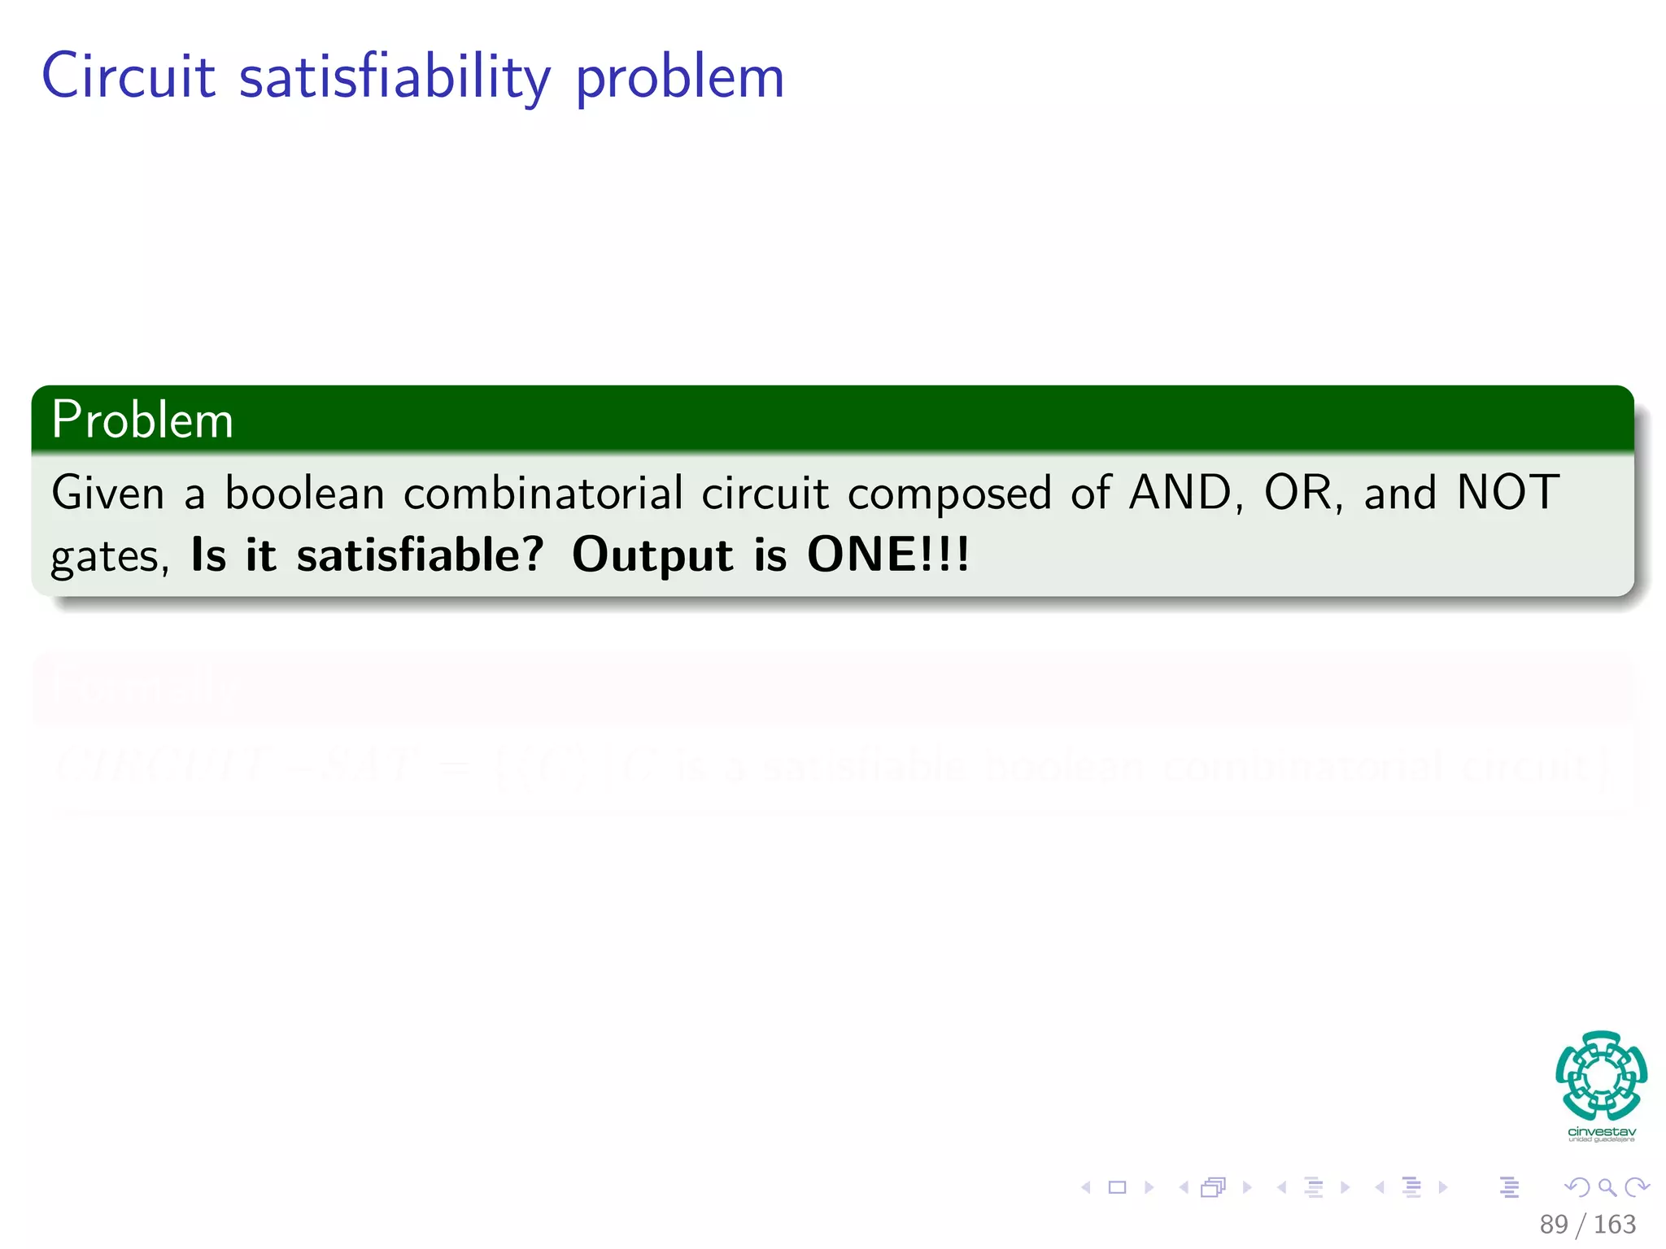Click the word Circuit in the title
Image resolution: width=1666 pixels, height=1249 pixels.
(x=129, y=76)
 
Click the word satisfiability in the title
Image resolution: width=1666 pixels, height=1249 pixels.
(x=395, y=78)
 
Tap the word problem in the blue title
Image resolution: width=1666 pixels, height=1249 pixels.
(x=679, y=78)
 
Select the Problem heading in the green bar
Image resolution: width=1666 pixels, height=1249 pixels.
(x=142, y=420)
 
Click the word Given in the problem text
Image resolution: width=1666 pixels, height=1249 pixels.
(x=107, y=494)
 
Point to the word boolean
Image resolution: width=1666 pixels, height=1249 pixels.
(x=304, y=494)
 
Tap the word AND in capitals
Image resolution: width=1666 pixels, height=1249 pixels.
(x=1180, y=493)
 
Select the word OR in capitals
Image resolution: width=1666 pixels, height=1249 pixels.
(x=1297, y=493)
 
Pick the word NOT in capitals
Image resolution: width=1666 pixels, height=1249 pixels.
(x=1507, y=493)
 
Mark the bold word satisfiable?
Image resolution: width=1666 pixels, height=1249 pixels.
(x=420, y=555)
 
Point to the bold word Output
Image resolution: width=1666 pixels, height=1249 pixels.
(x=653, y=555)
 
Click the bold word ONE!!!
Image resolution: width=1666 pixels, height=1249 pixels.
(x=888, y=555)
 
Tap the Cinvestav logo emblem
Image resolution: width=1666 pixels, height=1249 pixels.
(x=1601, y=1075)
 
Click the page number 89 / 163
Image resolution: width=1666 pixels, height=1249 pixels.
(x=1587, y=1225)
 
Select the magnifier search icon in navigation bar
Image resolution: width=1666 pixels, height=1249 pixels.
(x=1607, y=1188)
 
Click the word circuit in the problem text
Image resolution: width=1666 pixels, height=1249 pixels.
(x=765, y=494)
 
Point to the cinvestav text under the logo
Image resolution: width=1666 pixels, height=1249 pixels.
(x=1601, y=1132)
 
